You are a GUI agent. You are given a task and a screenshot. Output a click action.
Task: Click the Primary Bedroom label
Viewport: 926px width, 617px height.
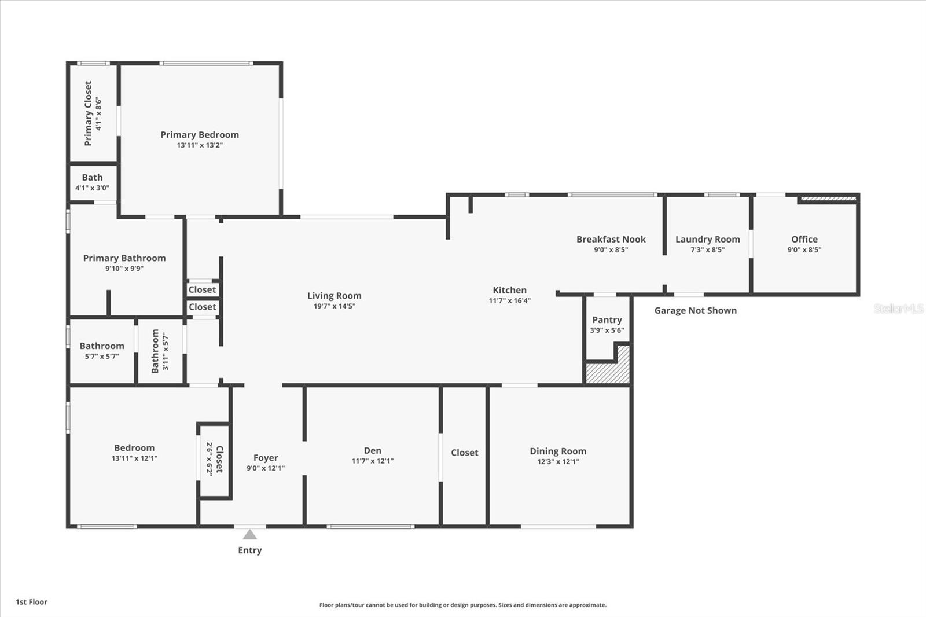[x=200, y=135]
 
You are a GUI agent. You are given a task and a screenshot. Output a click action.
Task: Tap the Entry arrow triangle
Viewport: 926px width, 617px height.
[x=249, y=534]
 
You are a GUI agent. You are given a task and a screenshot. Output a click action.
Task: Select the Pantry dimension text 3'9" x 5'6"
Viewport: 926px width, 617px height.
[x=607, y=330]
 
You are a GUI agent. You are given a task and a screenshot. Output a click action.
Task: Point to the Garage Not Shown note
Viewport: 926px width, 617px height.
[x=695, y=310]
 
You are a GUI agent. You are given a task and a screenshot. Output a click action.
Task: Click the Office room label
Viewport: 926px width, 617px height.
[x=804, y=239]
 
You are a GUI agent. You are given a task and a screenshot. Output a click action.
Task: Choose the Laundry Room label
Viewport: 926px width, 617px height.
[x=707, y=239]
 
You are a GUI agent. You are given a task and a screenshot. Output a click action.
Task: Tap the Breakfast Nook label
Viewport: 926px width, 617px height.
[x=611, y=239]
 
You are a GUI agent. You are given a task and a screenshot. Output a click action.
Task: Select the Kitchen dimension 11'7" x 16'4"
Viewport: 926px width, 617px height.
[x=509, y=300]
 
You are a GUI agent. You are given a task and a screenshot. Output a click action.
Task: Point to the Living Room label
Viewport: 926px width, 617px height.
[x=334, y=296]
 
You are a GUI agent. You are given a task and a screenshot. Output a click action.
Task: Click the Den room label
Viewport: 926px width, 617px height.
[x=372, y=450]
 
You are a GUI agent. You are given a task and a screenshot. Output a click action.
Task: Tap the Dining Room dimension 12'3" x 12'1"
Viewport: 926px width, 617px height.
[x=557, y=461]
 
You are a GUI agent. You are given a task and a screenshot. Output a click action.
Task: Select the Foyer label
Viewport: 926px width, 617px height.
[x=266, y=458]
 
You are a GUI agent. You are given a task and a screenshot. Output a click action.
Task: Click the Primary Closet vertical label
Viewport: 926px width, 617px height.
[x=88, y=113]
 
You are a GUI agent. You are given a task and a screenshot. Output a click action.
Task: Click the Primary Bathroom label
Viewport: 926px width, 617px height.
[x=124, y=258]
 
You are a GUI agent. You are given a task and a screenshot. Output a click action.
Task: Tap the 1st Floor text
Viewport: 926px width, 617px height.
[x=31, y=602]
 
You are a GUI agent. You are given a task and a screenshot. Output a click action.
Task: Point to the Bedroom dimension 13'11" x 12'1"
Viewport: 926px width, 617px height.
[x=134, y=458]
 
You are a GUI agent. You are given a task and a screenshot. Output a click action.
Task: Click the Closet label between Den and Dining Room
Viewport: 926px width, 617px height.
[x=464, y=453]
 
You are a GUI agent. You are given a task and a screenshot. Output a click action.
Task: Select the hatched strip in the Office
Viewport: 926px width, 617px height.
[x=828, y=199]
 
